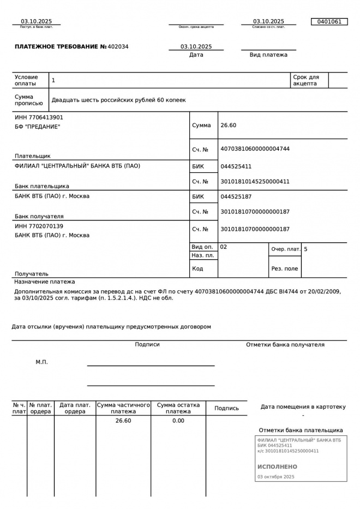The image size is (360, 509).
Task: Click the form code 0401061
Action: (x=329, y=22)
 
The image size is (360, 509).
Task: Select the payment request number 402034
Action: (x=118, y=47)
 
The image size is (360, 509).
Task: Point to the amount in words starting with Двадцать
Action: (x=118, y=100)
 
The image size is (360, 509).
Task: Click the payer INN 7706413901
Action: (x=39, y=117)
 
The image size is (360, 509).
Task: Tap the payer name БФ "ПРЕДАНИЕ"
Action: (x=37, y=127)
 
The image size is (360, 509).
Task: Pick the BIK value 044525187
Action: (x=236, y=196)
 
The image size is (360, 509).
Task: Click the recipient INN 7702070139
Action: (x=39, y=226)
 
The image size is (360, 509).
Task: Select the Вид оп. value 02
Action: (x=224, y=247)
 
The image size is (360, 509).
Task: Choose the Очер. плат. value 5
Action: (x=305, y=249)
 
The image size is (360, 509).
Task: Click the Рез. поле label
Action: (x=285, y=268)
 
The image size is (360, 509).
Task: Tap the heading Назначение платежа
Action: (x=45, y=282)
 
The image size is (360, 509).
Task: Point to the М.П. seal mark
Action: (x=41, y=362)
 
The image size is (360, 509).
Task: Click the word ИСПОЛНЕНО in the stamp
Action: (x=277, y=467)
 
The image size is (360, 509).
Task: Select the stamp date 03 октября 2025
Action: (x=275, y=477)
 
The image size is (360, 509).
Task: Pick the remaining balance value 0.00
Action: (x=178, y=421)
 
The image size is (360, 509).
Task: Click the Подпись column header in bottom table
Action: (x=226, y=408)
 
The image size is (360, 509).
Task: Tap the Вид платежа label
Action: (x=268, y=55)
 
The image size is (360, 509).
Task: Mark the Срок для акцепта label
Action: (x=306, y=80)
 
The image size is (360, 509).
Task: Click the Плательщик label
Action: (x=33, y=156)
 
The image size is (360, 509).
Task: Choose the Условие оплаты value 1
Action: (x=53, y=80)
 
